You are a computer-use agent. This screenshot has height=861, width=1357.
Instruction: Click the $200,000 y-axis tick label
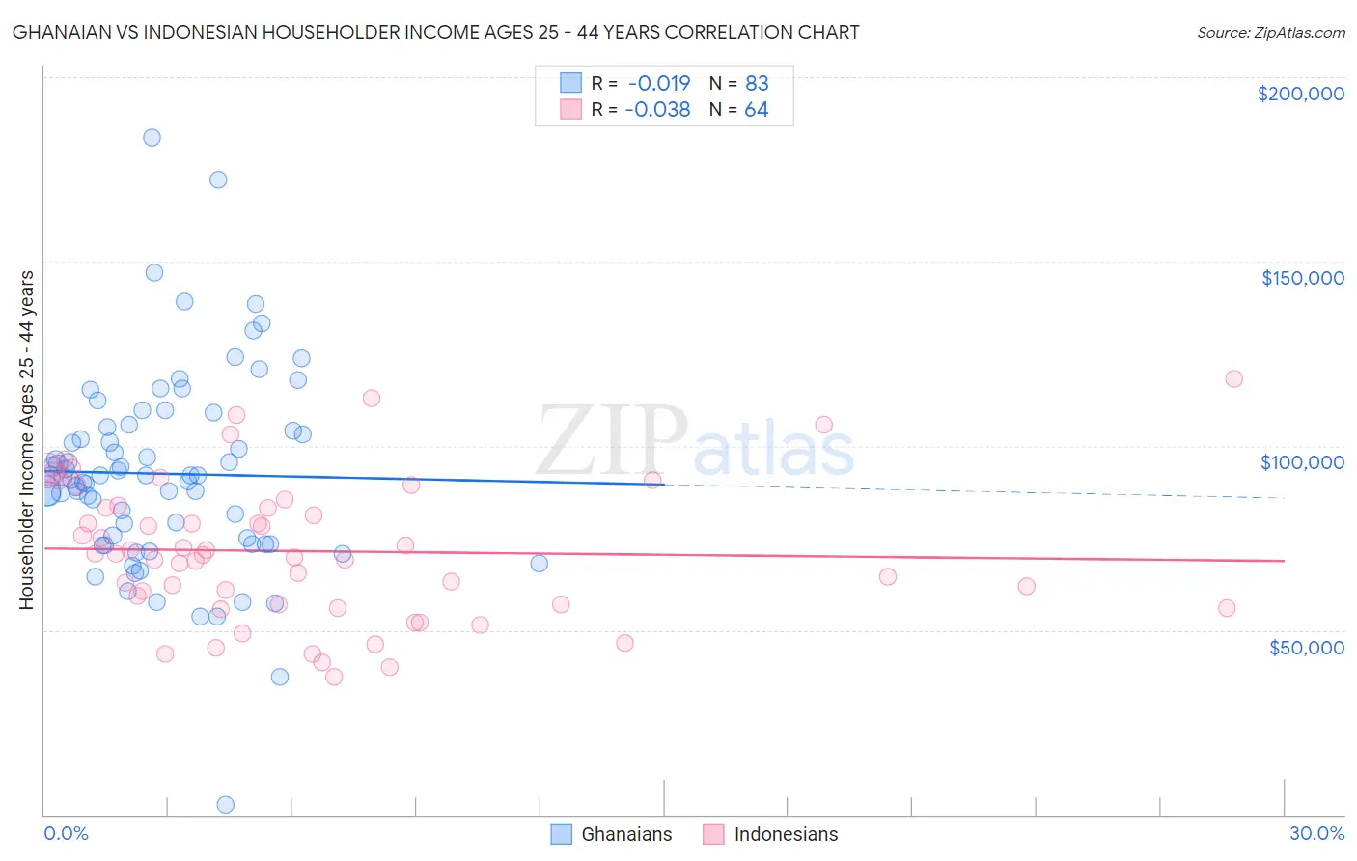click(x=1300, y=94)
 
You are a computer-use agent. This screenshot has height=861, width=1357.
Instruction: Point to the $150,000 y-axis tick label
click(x=1302, y=278)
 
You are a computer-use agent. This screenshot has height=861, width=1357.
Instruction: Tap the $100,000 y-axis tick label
click(x=1302, y=462)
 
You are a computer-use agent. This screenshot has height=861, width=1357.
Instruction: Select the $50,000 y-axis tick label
click(x=1306, y=647)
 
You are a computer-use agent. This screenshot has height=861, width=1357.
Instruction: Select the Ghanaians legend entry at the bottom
click(x=612, y=834)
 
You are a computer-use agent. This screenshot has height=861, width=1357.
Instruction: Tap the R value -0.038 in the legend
click(x=657, y=110)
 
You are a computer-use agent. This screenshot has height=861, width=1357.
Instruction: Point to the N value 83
click(x=757, y=83)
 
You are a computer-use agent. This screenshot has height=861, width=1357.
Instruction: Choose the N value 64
click(x=757, y=110)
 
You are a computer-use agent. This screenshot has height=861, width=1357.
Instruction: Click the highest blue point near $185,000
click(x=152, y=137)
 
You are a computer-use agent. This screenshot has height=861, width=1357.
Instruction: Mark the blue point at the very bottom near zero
click(x=225, y=804)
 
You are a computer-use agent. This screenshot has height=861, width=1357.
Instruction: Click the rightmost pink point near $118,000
click(x=1233, y=378)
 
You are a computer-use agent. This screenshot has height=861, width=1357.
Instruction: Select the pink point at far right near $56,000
click(x=1227, y=608)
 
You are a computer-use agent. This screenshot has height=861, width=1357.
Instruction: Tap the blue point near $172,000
click(x=218, y=180)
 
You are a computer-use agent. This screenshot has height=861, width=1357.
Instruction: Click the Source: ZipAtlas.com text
click(x=1270, y=33)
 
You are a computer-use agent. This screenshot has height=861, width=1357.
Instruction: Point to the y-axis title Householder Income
click(x=26, y=439)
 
